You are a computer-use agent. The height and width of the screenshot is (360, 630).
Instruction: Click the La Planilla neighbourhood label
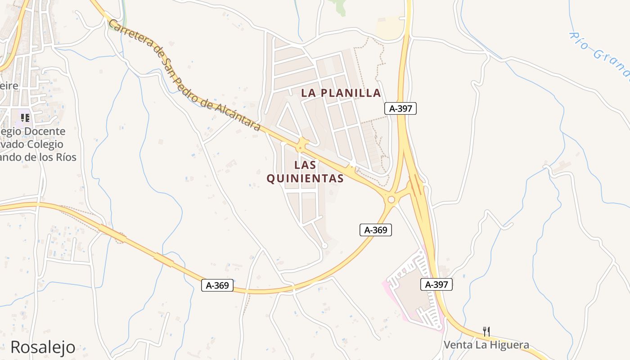341,93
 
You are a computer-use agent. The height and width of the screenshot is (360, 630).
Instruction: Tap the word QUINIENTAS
305,179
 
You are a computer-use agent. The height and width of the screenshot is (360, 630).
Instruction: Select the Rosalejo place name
43,347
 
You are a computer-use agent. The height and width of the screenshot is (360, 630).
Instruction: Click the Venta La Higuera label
486,345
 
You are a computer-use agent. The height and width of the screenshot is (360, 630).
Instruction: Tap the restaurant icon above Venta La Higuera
486,332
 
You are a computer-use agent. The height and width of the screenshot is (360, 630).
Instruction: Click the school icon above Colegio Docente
25,118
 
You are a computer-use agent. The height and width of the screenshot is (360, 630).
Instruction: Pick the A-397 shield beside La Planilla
400,108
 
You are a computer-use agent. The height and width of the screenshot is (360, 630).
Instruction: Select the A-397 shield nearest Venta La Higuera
436,284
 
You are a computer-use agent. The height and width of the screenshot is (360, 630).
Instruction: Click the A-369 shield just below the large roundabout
376,230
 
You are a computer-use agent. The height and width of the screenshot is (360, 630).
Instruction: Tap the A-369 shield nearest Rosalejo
217,285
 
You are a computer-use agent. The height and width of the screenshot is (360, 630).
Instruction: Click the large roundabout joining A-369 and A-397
391,199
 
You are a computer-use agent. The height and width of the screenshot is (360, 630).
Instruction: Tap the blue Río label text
580,40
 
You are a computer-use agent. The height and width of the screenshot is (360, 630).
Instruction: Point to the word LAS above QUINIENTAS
305,165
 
